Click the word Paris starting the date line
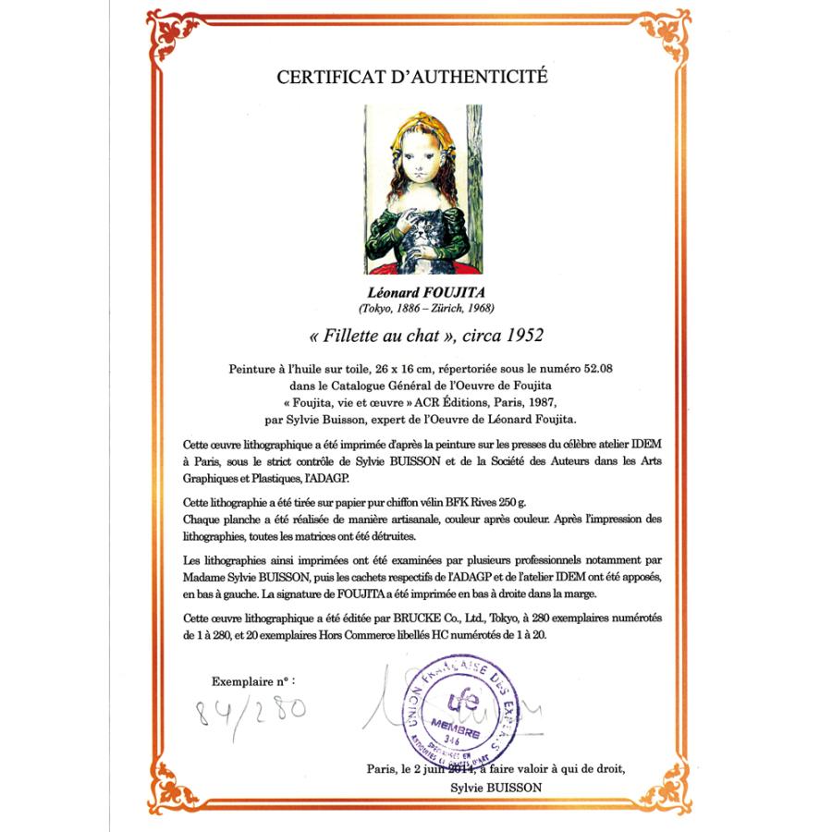tap(380, 768)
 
